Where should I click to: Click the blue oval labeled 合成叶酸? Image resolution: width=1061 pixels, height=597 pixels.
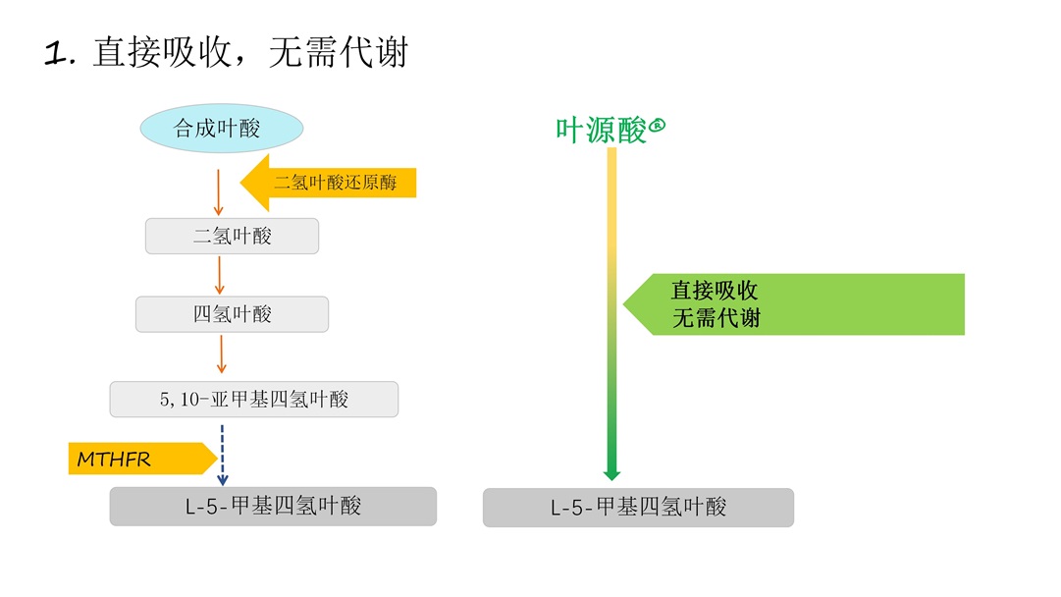pyautogui.click(x=221, y=129)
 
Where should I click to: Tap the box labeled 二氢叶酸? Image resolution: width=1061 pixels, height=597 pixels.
pyautogui.click(x=232, y=236)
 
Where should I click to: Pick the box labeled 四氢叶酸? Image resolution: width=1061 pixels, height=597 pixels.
pyautogui.click(x=232, y=314)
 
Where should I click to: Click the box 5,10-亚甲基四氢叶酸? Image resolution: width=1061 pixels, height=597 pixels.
pyautogui.click(x=253, y=400)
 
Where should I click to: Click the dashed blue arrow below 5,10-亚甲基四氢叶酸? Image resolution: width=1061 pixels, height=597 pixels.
pyautogui.click(x=223, y=454)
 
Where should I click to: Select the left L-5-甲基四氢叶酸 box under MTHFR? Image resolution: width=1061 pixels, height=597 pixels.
pyautogui.click(x=272, y=507)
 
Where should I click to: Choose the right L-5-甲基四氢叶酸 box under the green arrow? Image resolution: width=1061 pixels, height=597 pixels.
pyautogui.click(x=638, y=508)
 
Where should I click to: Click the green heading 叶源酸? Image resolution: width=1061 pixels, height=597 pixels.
pyautogui.click(x=602, y=130)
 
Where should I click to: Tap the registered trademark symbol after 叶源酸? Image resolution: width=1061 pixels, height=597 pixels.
pyautogui.click(x=658, y=125)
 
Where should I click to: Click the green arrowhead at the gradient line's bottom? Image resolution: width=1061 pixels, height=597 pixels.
pyautogui.click(x=611, y=473)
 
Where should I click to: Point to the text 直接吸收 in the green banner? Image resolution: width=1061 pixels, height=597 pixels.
pyautogui.click(x=715, y=291)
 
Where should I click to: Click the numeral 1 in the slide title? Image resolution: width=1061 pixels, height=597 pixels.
pyautogui.click(x=57, y=53)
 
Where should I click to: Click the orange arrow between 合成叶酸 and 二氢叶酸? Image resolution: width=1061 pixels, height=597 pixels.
pyautogui.click(x=219, y=191)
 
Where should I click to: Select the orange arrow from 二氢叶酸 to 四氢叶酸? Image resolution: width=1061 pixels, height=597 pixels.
pyautogui.click(x=220, y=274)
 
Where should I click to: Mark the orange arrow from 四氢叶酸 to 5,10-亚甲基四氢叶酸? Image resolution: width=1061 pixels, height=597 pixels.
pyautogui.click(x=221, y=353)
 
